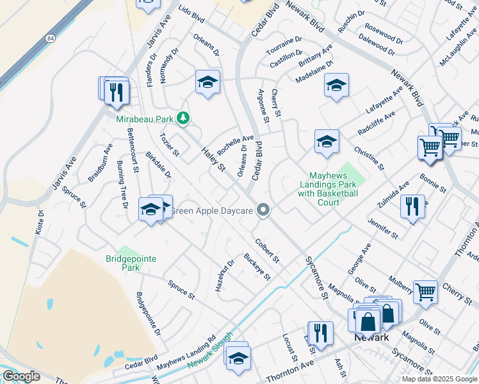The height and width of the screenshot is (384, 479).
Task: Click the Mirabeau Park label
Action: tap(145, 119)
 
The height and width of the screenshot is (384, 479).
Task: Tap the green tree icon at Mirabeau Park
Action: tap(183, 118)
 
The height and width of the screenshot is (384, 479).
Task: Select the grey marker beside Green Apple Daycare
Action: tap(263, 210)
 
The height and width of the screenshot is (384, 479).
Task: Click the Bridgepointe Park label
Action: tap(131, 263)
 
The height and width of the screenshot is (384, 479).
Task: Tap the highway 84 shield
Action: tap(50, 38)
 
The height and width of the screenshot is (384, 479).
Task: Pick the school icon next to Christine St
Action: tap(326, 141)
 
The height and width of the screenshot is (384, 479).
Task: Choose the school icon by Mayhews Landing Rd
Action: tap(238, 356)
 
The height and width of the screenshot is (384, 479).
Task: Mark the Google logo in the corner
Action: tap(21, 376)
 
